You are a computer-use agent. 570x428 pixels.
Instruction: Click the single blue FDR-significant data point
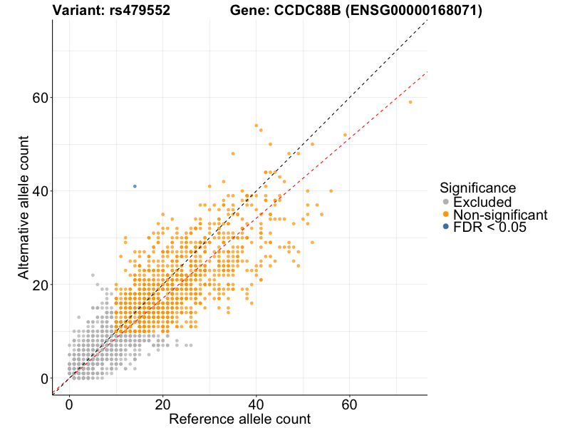click(135, 186)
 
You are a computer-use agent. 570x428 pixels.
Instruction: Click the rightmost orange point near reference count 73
click(410, 102)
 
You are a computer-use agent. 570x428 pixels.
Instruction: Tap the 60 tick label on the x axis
click(350, 404)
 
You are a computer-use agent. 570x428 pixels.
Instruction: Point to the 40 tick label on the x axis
click(256, 404)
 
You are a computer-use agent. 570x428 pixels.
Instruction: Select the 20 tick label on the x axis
click(163, 404)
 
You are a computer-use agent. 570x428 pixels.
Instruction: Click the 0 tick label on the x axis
click(69, 404)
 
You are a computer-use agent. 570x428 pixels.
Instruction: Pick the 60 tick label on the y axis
click(41, 98)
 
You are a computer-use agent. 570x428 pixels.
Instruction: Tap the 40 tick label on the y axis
click(41, 191)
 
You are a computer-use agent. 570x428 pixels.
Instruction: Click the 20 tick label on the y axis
click(41, 285)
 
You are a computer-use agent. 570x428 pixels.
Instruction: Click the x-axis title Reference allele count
click(239, 419)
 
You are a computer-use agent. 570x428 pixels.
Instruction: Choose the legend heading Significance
click(478, 188)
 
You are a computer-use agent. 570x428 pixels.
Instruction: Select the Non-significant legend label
click(500, 215)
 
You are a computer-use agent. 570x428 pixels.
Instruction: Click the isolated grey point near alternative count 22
click(93, 275)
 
